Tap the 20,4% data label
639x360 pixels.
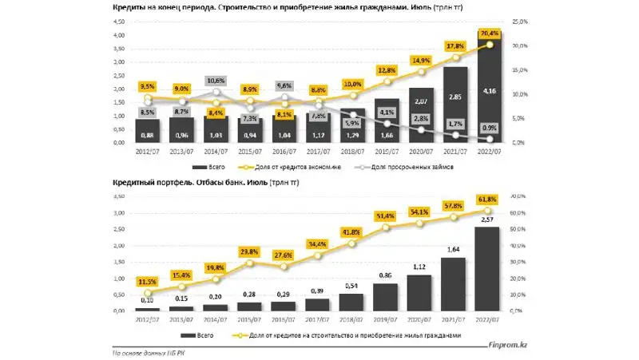(x=490, y=34)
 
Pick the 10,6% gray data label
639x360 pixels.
(x=216, y=81)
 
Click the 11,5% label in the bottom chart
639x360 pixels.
(x=147, y=283)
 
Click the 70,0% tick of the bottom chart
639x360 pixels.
(x=517, y=193)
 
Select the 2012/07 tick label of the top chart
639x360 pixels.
(x=148, y=150)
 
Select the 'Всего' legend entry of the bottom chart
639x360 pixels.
(x=204, y=334)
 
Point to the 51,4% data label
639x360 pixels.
(x=387, y=216)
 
